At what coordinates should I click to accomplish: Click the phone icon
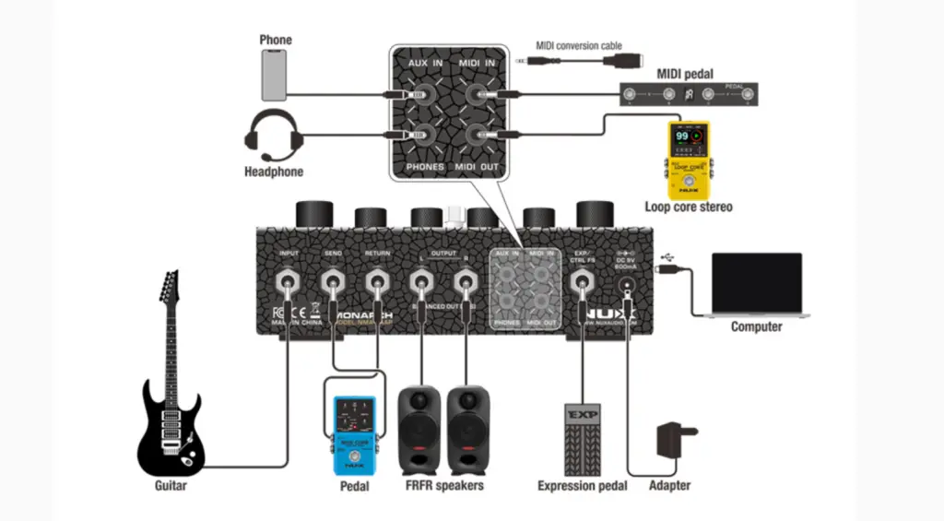point(275,75)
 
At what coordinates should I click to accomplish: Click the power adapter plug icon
point(675,441)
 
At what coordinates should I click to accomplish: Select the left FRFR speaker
point(419,429)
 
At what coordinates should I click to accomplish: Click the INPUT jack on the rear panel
point(289,280)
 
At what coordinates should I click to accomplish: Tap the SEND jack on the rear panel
point(332,280)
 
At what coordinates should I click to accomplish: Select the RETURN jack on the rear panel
point(376,280)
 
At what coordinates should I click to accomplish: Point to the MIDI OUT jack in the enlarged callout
point(478,136)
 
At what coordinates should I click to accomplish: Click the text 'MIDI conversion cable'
point(579,45)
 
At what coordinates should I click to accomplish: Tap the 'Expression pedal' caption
point(583,486)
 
